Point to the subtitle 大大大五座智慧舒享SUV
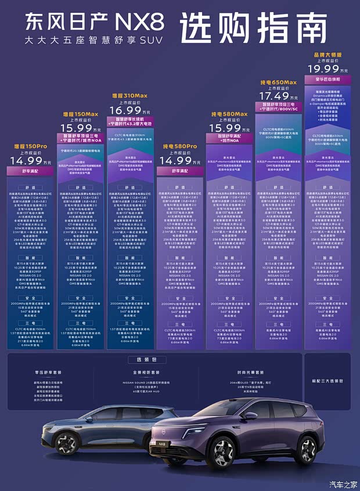(x=92, y=42)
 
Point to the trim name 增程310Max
(x=130, y=95)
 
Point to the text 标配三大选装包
(x=327, y=381)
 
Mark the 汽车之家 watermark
(x=343, y=484)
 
